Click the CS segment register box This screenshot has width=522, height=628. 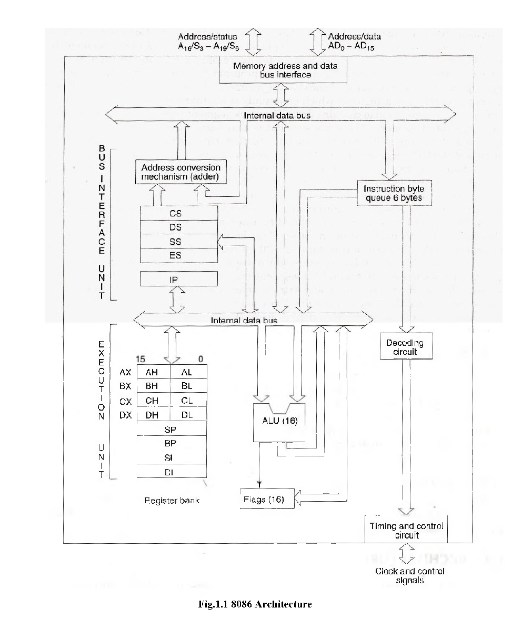click(x=178, y=214)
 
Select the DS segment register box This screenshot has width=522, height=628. click(x=178, y=227)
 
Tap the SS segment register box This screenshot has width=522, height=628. click(x=178, y=242)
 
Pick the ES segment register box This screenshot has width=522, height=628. click(x=178, y=255)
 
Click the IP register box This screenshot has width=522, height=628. click(x=178, y=279)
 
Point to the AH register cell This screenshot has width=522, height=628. click(x=154, y=372)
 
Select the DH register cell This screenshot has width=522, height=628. click(x=154, y=415)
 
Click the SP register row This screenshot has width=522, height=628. click(x=172, y=429)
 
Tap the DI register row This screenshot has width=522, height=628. click(x=172, y=472)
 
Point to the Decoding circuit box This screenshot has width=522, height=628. click(x=406, y=346)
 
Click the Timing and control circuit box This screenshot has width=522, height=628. click(x=406, y=530)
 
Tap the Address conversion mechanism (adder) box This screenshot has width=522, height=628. click(x=181, y=172)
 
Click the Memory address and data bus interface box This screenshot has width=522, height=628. click(x=283, y=70)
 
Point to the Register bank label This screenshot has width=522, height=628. click(x=172, y=501)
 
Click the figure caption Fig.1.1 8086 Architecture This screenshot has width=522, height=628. click(x=255, y=604)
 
